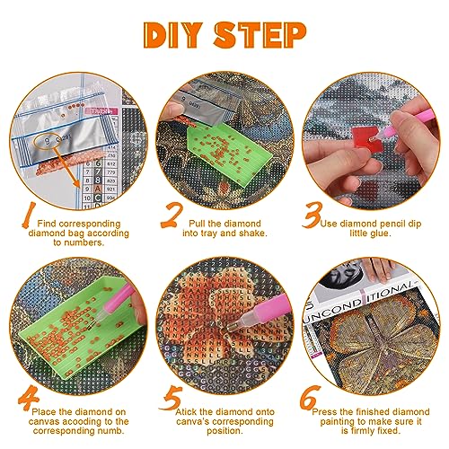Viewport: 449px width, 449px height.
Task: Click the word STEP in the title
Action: click(260, 35)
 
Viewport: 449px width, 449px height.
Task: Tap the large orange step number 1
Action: click(29, 215)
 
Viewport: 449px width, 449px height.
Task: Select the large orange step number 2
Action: click(172, 215)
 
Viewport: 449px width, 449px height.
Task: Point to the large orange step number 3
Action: click(313, 215)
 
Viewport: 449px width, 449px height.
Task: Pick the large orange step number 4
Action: click(29, 398)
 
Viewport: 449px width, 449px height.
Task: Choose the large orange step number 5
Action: click(172, 398)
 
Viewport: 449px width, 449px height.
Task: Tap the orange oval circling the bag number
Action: click(48, 140)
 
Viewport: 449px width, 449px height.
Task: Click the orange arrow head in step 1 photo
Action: click(76, 183)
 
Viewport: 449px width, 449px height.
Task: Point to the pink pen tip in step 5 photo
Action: click(231, 327)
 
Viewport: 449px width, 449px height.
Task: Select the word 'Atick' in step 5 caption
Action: click(187, 412)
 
